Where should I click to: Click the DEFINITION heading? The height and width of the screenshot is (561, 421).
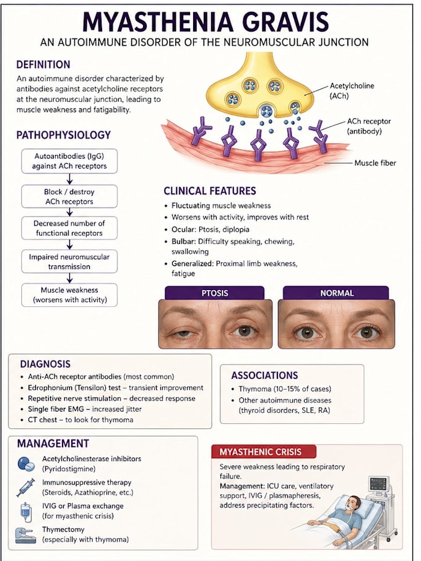[x=43, y=64]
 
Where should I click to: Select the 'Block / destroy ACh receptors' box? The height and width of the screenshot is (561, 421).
[x=69, y=197]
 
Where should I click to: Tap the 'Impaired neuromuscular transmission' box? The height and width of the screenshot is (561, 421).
[x=69, y=262]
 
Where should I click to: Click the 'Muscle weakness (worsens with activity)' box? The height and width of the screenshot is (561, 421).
[x=69, y=295]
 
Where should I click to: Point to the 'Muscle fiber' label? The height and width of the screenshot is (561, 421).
[x=375, y=163]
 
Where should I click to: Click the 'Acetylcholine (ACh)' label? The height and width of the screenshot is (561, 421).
[x=352, y=91]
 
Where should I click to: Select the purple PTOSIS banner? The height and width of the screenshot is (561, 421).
[x=214, y=293]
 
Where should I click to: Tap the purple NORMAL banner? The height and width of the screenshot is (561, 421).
[x=336, y=293]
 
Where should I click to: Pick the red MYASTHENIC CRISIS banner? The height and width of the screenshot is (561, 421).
[x=264, y=451]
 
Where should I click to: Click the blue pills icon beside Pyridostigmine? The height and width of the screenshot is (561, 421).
[x=26, y=464]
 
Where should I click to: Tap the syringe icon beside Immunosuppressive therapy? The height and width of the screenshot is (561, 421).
[x=25, y=487]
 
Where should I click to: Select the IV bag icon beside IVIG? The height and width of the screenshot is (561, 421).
[x=26, y=512]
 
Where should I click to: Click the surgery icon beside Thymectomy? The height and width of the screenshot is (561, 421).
[x=26, y=536]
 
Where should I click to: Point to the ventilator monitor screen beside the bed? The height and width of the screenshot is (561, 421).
[x=378, y=484]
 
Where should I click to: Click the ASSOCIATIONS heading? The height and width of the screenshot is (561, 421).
[x=264, y=375]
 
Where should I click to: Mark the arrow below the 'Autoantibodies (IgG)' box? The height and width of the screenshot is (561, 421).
[x=70, y=179]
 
